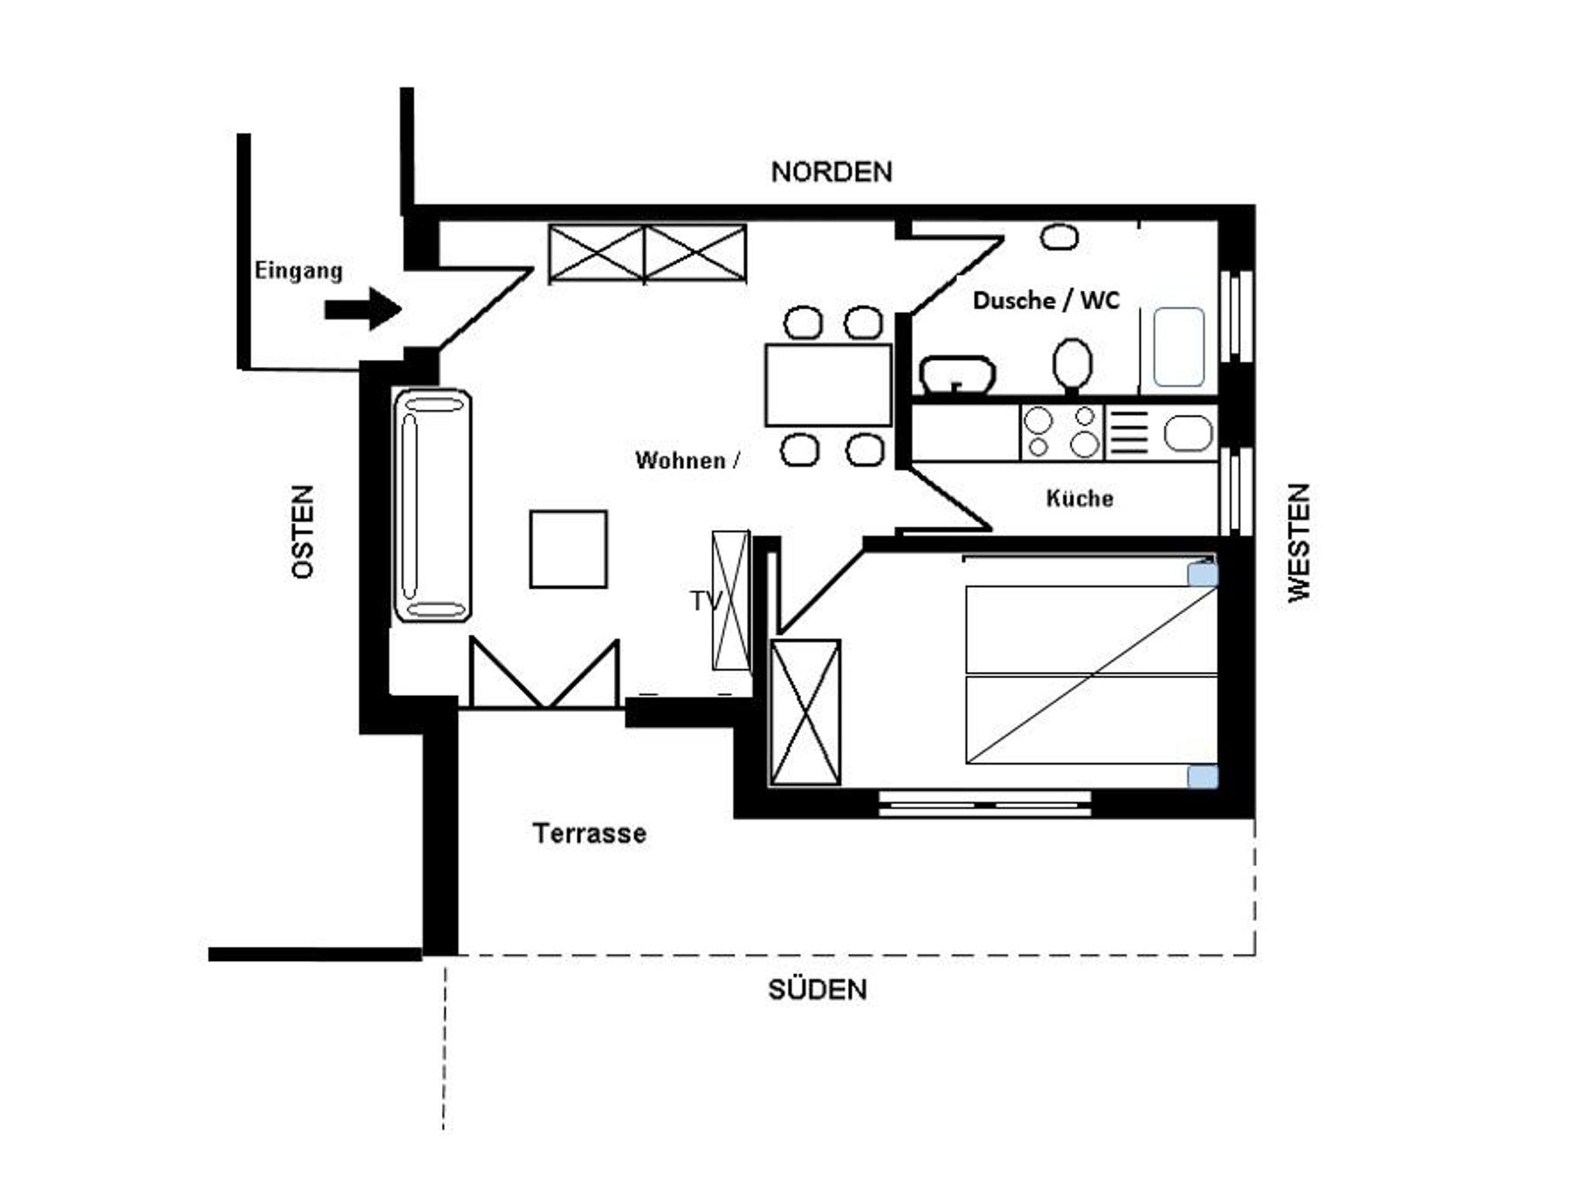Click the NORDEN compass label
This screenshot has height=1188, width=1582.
pos(832,171)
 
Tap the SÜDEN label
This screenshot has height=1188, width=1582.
pos(817,989)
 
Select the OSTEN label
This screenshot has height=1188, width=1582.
pos(304,531)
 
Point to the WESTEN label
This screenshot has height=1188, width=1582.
pos(1299,542)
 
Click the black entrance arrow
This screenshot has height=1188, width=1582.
pos(363,309)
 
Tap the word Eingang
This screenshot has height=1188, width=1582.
pos(298,271)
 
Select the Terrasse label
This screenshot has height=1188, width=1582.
pos(589,833)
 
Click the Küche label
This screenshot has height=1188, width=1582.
pos(1080,498)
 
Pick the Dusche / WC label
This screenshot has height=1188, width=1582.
pos(1046,300)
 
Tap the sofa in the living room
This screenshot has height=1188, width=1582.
pos(433,505)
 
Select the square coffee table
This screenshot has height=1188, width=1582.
pos(569,549)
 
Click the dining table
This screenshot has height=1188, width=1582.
pos(828,385)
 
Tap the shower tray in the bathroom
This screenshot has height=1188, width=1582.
pos(1179,348)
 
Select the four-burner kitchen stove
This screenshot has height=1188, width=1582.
pos(1062,433)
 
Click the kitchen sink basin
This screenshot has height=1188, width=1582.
pos(1188,433)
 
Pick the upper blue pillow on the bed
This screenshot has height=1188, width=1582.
pos(1203,575)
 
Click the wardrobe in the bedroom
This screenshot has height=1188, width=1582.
pos(806,712)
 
